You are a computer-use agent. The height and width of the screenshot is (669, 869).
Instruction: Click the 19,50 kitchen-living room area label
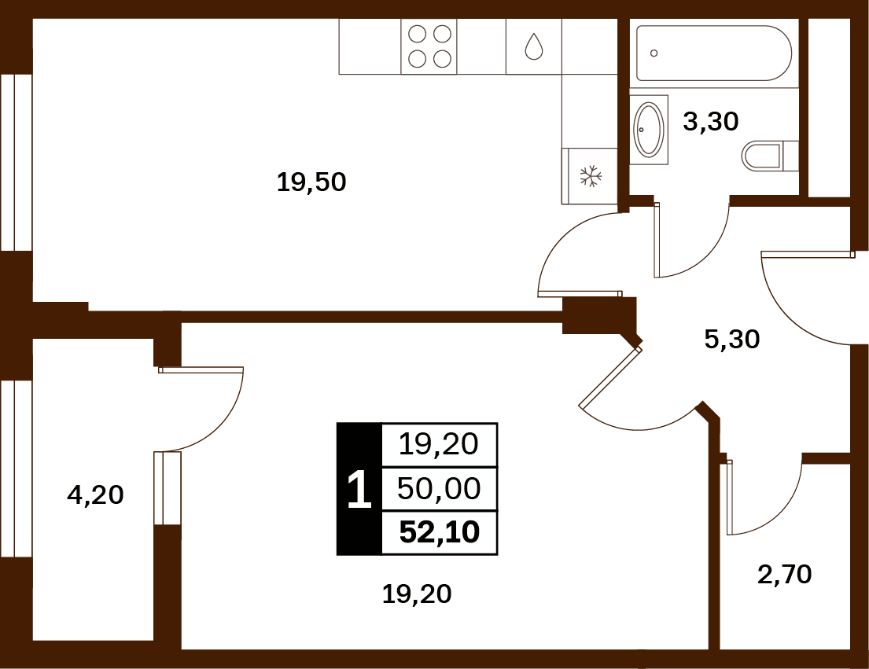pyautogui.click(x=311, y=182)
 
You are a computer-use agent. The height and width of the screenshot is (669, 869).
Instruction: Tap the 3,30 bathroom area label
pyautogui.click(x=711, y=121)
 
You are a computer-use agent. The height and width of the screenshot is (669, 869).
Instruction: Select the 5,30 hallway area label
pyautogui.click(x=732, y=339)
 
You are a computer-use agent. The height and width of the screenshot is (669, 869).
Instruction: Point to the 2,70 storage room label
pyautogui.click(x=785, y=575)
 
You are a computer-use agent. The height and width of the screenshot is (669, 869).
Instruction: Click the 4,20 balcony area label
pyautogui.click(x=95, y=494)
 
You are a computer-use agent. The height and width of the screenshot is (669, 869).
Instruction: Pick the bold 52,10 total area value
pyautogui.click(x=440, y=532)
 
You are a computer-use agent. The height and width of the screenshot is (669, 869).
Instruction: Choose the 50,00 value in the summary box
pyautogui.click(x=439, y=488)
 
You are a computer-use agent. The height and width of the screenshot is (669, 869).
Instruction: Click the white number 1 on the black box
pyautogui.click(x=359, y=490)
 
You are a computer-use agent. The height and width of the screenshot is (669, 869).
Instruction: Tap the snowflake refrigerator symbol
pyautogui.click(x=591, y=175)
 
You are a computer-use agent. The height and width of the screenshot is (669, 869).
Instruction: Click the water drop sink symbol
pyautogui.click(x=534, y=46)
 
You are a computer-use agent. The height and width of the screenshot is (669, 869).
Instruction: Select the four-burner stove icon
pyautogui.click(x=429, y=46)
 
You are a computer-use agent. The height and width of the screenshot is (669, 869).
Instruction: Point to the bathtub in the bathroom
pyautogui.click(x=714, y=53)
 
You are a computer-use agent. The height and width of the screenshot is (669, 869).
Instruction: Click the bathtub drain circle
pyautogui.click(x=654, y=53)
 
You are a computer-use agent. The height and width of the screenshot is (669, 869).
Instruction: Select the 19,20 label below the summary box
pyautogui.click(x=417, y=594)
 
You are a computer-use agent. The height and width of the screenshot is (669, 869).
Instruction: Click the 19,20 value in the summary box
pyautogui.click(x=438, y=444)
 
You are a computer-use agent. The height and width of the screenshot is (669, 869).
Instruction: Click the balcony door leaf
pyautogui.click(x=201, y=369)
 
